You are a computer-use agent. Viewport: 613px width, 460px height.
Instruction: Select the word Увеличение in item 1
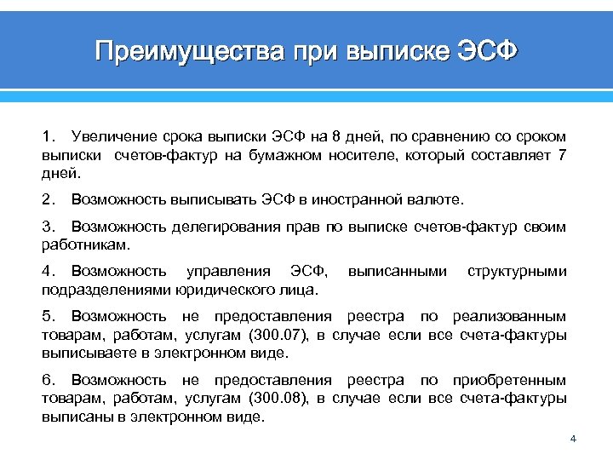tap(111, 136)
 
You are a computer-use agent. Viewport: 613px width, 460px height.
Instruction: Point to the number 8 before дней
tap(341, 136)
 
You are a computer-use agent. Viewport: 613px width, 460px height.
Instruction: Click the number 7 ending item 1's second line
tap(560, 155)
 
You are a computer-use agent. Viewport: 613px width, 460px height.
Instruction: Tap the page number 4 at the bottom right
tap(573, 440)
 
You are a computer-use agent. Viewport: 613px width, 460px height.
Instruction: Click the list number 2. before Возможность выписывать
tap(47, 200)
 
